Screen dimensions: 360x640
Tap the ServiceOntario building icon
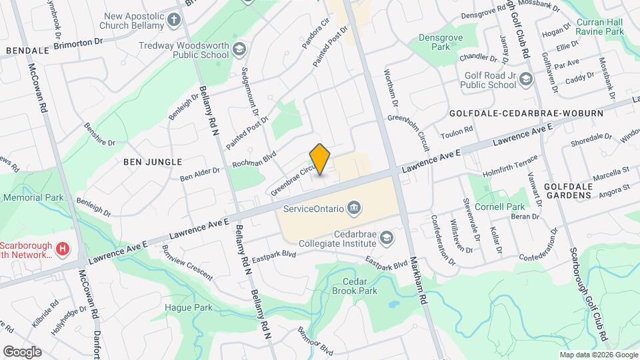[354, 209]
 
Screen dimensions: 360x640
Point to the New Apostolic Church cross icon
[174, 19]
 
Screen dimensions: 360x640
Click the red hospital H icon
[63, 249]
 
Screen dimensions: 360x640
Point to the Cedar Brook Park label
[359, 286]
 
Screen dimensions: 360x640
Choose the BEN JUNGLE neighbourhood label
[153, 161]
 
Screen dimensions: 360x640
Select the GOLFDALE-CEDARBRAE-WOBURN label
[526, 113]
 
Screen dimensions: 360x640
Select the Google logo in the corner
[22, 351]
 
